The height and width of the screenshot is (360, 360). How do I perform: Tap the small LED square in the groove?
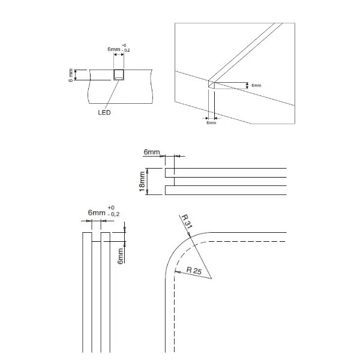119,76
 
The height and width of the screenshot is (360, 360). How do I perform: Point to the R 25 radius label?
194,270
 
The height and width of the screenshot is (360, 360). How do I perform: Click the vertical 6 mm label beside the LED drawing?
71,75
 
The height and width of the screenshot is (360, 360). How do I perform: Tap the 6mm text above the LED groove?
114,49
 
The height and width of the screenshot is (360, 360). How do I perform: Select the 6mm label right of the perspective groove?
256,86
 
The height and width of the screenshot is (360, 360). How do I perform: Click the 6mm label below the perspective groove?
211,122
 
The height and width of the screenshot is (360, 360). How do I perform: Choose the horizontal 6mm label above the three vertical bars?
96,213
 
